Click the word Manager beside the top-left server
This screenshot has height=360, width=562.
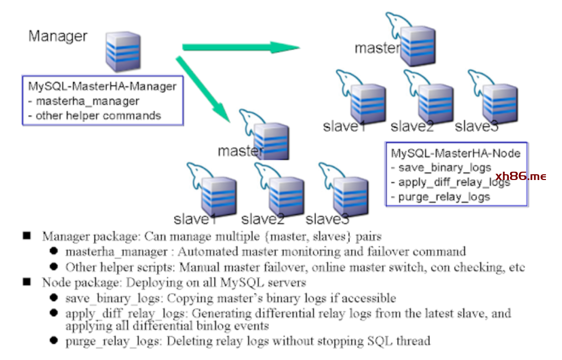point(58,36)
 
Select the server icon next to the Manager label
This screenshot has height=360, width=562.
point(123,51)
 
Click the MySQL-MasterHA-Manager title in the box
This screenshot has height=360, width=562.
point(103,86)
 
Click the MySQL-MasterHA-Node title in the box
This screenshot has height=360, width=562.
point(455,153)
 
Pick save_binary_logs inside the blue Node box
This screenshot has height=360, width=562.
point(444,168)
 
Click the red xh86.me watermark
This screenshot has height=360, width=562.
point(521,176)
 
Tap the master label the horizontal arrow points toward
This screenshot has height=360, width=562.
point(377,48)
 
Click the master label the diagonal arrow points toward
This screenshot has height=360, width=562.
point(240,151)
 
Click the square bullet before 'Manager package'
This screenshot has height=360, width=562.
point(27,236)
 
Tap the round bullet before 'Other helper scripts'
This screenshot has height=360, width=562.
point(54,266)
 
